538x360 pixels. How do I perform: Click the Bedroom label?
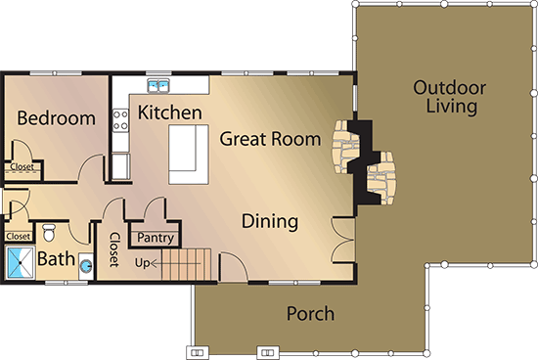point(57,118)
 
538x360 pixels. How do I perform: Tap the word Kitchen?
point(169,112)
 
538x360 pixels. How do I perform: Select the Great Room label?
point(270,139)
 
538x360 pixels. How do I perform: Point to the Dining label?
point(269,221)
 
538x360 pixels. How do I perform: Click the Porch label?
point(310,314)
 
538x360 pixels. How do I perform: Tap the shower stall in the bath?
point(19,262)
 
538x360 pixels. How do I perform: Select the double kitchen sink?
point(158,85)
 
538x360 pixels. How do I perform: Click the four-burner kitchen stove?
point(122,119)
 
